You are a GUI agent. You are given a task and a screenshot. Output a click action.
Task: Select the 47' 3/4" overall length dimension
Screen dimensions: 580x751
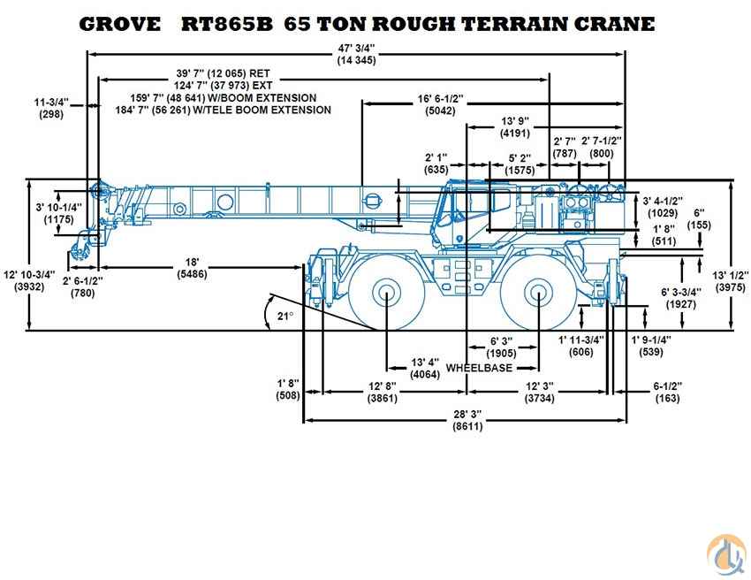(356, 47)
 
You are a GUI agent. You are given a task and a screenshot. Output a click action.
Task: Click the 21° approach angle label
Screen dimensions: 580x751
(283, 315)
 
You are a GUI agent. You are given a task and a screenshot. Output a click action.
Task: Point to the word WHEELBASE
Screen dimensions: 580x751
(479, 368)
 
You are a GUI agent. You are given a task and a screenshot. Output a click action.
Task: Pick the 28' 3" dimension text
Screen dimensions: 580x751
(467, 414)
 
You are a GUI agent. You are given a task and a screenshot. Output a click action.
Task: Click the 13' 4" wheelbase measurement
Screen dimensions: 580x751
(426, 362)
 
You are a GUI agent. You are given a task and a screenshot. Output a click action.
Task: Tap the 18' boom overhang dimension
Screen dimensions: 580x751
(192, 262)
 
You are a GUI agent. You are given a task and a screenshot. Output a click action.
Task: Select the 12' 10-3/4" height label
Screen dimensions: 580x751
(29, 274)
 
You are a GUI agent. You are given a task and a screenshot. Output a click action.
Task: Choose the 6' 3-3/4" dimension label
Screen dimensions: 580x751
(681, 292)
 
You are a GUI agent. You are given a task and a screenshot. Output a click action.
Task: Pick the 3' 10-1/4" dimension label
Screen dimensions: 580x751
(58, 207)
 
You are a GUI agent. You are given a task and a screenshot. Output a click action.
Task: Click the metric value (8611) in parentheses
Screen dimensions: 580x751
(467, 426)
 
